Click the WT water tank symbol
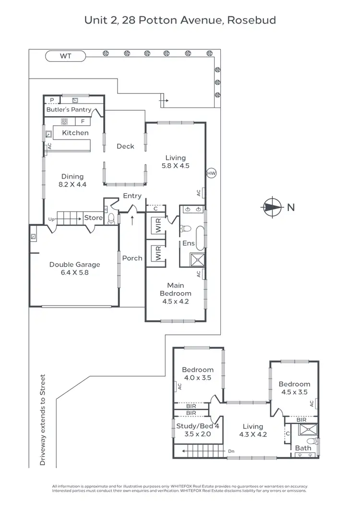coord(65,56)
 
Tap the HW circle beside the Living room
coord(211,173)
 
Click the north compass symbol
coord(271,207)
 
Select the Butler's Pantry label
coord(69,110)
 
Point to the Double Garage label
coord(74,264)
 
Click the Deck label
coord(125,146)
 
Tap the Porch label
coord(132,258)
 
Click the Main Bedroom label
coord(175,289)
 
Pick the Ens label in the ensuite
coord(188,243)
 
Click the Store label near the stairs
coord(93,218)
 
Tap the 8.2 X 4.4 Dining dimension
coord(72,185)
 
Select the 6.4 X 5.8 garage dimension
coord(74,272)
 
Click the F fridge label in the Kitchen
coord(83,121)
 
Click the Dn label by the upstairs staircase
coord(231,451)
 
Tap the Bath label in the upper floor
coord(303,448)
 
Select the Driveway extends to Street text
coord(43,420)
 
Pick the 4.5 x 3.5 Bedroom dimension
coord(294,392)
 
